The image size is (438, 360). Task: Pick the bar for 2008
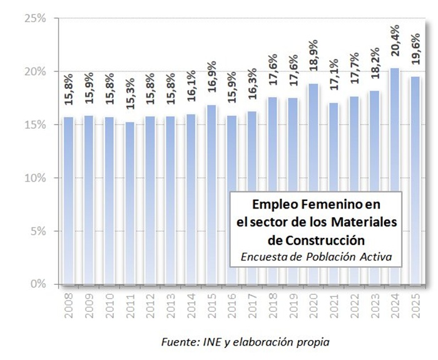69,200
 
